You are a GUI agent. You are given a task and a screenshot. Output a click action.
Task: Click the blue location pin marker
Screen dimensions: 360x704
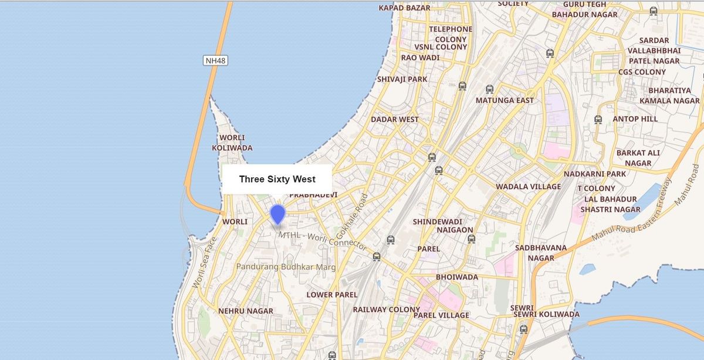click(277, 214)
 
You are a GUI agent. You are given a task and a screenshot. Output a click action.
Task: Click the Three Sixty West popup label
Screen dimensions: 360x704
click(277, 179)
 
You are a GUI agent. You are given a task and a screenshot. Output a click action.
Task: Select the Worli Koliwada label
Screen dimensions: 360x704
click(232, 143)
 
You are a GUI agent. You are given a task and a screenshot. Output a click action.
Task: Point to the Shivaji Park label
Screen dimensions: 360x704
click(402, 79)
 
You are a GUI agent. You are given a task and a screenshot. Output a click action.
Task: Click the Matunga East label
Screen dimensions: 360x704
click(505, 100)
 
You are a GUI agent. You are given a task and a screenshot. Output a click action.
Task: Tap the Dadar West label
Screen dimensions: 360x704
click(395, 119)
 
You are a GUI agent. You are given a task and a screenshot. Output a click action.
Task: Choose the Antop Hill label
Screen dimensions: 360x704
click(635, 119)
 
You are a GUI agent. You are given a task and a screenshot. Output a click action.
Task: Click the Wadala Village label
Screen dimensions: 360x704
click(529, 187)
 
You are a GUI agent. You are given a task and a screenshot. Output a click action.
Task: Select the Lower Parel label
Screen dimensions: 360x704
click(332, 295)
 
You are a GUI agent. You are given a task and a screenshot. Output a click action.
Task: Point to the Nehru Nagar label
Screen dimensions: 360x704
click(246, 311)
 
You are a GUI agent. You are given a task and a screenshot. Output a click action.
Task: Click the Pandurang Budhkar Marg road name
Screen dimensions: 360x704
click(286, 267)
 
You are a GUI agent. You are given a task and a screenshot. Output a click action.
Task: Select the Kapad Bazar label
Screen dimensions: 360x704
click(404, 8)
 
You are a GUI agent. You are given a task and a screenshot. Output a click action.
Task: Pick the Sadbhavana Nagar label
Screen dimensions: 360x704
click(541, 253)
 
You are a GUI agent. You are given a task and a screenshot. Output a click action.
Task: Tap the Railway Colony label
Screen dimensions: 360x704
click(387, 309)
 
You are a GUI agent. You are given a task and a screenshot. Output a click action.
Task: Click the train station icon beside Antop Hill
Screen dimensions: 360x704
click(598, 119)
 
